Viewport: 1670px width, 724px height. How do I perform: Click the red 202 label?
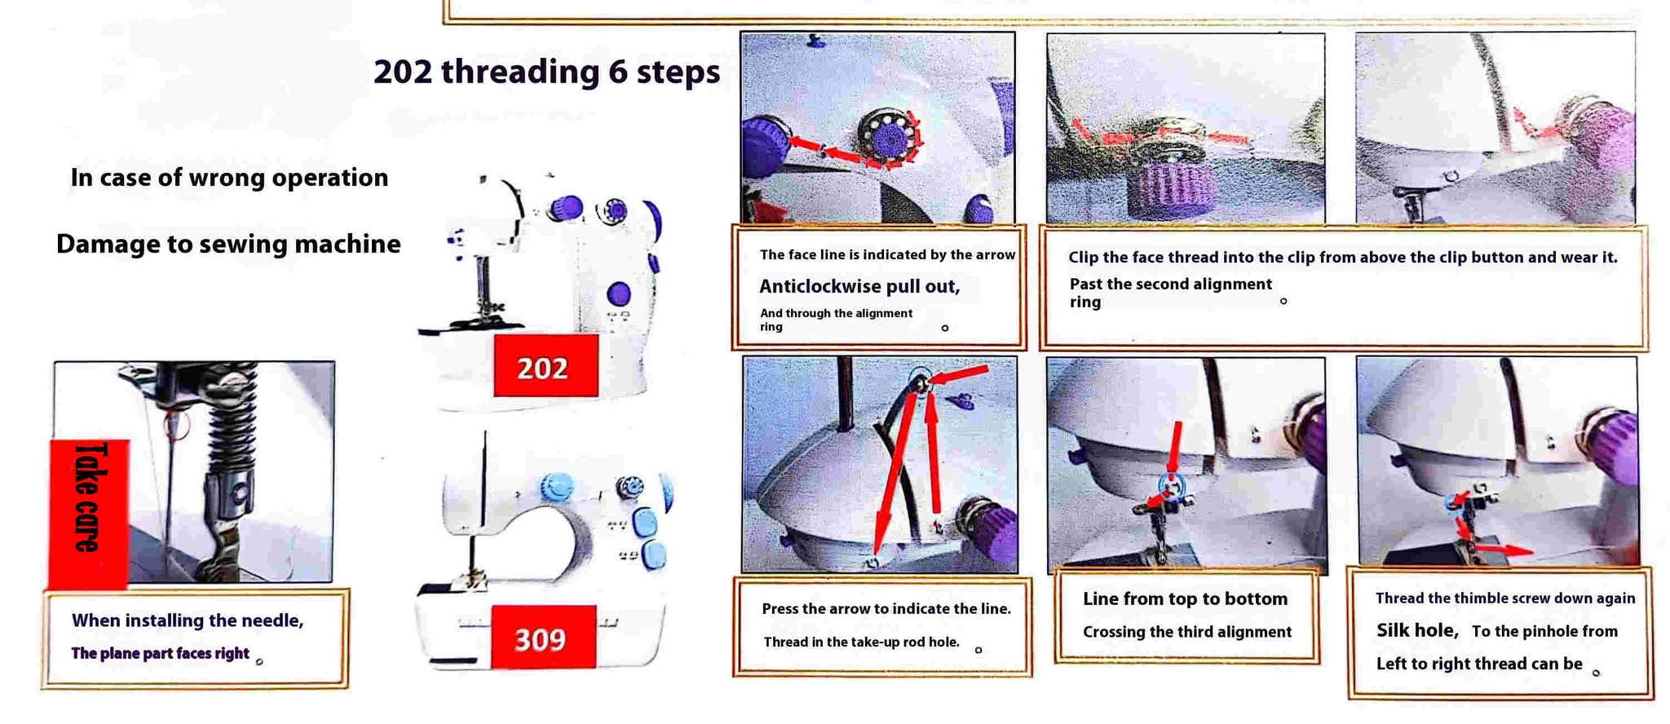click(546, 365)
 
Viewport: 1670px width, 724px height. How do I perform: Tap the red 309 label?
click(543, 637)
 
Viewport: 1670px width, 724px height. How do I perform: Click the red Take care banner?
click(89, 513)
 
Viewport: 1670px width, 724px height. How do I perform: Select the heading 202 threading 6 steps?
click(546, 72)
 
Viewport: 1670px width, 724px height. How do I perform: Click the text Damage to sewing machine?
click(228, 244)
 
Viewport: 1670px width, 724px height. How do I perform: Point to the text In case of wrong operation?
click(229, 177)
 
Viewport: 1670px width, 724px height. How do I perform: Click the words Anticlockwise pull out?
click(859, 286)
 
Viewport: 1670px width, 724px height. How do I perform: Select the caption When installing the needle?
click(188, 620)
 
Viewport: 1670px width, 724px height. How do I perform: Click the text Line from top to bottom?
click(1185, 599)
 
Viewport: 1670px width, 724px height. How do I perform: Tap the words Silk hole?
click(1417, 630)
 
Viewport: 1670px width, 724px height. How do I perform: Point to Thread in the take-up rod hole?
click(861, 642)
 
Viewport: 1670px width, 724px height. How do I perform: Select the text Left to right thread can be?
click(1479, 664)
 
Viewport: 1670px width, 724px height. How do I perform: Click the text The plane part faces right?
click(160, 653)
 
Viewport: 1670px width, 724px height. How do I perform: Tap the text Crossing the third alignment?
click(1187, 632)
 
